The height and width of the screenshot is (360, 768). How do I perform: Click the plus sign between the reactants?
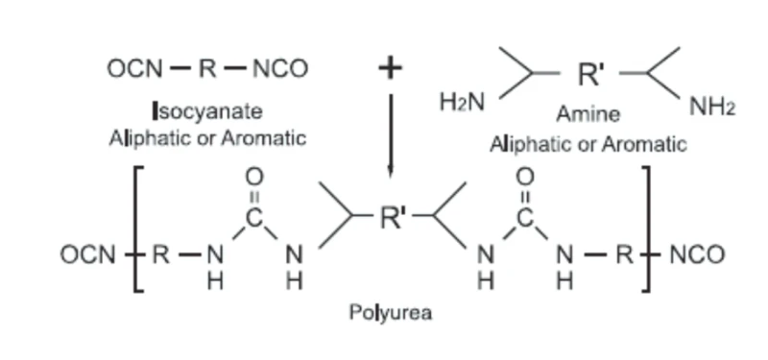[x=391, y=68]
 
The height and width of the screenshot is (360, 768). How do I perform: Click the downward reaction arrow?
[x=391, y=135]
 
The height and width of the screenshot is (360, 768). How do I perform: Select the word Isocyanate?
[x=208, y=112]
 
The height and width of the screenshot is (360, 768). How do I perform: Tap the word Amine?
[x=588, y=114]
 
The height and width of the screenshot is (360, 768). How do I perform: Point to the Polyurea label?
[x=391, y=312]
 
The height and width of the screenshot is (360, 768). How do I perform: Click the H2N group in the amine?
[x=462, y=103]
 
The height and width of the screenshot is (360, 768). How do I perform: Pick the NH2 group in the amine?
[x=712, y=107]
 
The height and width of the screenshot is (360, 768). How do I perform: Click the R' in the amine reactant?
[x=591, y=74]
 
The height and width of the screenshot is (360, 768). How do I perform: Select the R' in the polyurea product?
[x=394, y=217]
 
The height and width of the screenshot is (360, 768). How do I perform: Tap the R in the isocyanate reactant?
[x=207, y=69]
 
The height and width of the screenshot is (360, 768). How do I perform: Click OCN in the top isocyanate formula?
[x=134, y=69]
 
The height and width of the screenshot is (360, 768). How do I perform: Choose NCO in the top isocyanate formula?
[x=280, y=69]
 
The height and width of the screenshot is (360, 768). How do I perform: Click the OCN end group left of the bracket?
[x=87, y=255]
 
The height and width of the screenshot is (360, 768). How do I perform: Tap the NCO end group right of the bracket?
[x=697, y=255]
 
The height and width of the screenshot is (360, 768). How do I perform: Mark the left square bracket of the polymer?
[x=138, y=229]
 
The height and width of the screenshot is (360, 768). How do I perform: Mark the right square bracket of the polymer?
[x=646, y=229]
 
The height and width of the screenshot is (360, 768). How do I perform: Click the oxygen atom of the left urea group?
[x=254, y=177]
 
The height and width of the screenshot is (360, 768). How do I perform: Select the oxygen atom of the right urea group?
[x=525, y=177]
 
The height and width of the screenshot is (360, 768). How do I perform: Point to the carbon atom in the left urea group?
[x=254, y=218]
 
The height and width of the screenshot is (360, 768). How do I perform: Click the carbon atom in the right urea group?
[x=525, y=218]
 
